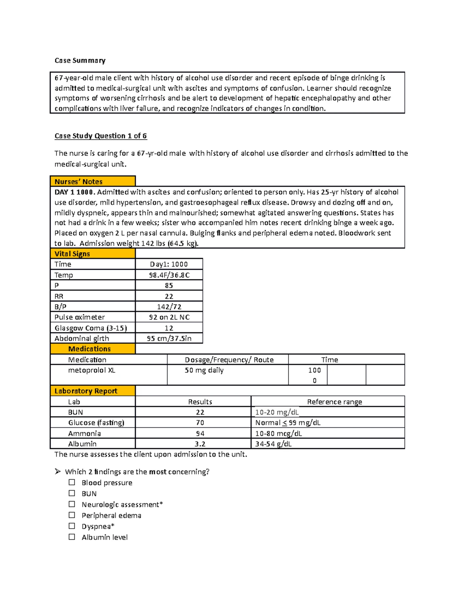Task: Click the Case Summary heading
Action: [x=80, y=60]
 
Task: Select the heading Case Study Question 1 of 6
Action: [x=101, y=136]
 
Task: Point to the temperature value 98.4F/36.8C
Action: [x=169, y=275]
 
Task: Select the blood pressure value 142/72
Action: [x=169, y=306]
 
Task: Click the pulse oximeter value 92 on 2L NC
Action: [x=169, y=317]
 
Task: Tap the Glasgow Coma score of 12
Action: [x=169, y=328]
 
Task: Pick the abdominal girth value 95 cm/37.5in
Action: [x=169, y=338]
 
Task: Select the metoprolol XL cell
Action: [x=92, y=370]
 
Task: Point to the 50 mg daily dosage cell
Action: [x=204, y=370]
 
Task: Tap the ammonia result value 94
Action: [x=200, y=433]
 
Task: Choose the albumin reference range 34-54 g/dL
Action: [x=273, y=444]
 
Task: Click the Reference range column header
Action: [x=334, y=402]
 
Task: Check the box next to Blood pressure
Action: [x=72, y=482]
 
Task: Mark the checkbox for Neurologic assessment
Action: [x=72, y=504]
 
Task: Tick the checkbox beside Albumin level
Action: [x=72, y=537]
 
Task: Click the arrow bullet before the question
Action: [x=58, y=471]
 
